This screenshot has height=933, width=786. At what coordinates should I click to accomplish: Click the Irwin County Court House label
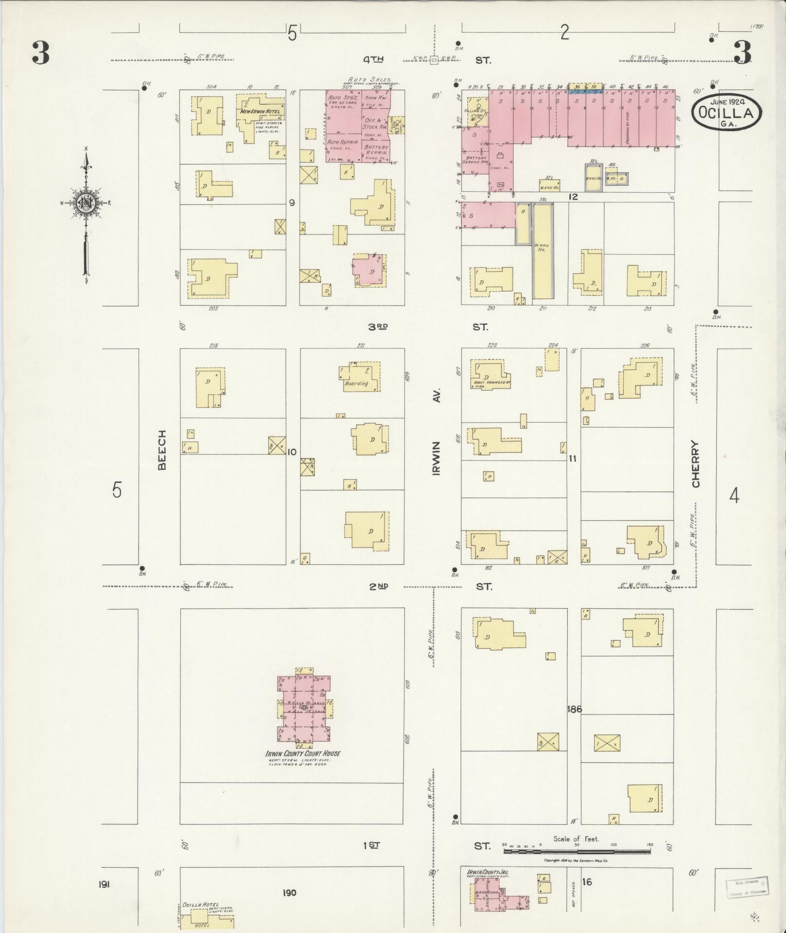coord(303,753)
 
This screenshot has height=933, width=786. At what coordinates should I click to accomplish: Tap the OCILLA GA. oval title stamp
coord(727,113)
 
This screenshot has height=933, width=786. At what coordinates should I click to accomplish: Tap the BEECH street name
coord(162,450)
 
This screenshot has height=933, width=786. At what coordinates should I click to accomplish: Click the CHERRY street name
coord(695,464)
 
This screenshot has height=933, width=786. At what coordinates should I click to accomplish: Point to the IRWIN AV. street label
coord(436,432)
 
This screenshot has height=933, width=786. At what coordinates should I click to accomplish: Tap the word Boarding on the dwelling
coord(356,383)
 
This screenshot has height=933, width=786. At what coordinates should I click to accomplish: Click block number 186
coord(575,709)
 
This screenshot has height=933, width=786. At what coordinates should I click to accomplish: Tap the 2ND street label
coord(378,586)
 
